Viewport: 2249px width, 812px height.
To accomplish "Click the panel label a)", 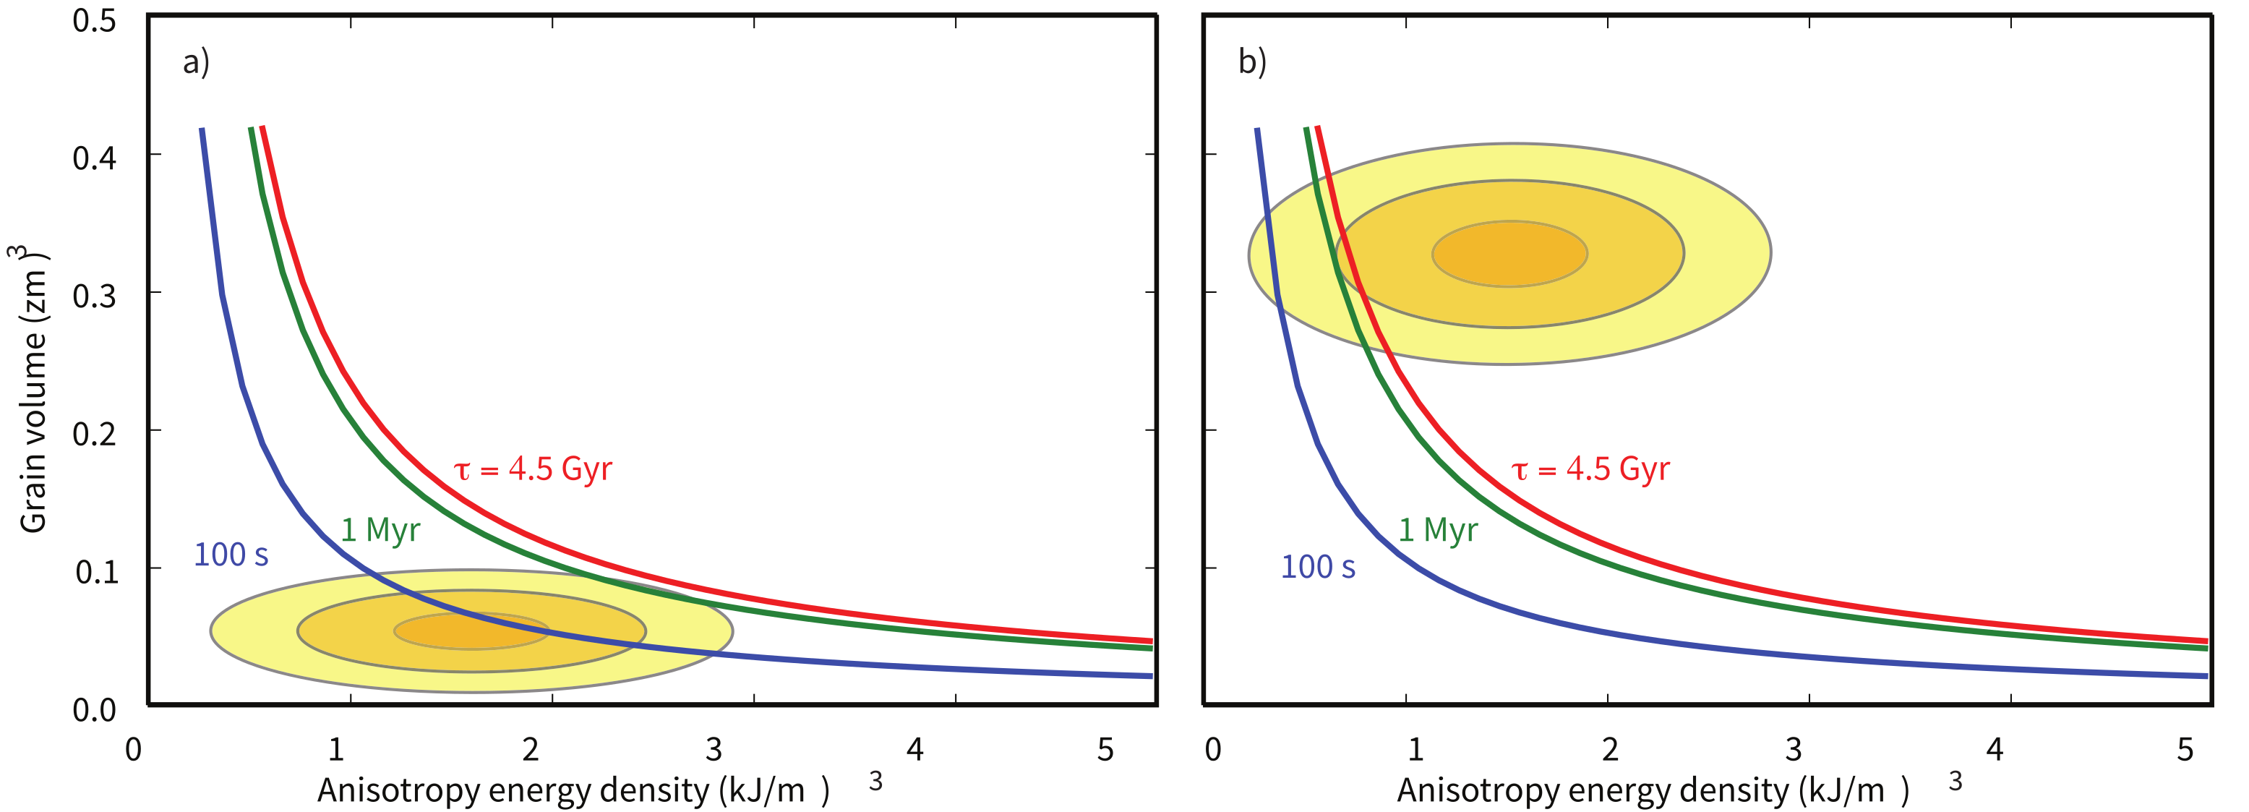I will [x=196, y=62].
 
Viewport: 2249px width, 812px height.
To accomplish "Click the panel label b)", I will [x=1251, y=62].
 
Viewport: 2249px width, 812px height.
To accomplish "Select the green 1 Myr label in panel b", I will [x=1437, y=530].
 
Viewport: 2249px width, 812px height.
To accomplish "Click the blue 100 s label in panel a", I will [x=231, y=555].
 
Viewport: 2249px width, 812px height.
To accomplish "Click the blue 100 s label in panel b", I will [x=1316, y=568].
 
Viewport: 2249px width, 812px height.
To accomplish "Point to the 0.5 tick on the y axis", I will [x=93, y=20].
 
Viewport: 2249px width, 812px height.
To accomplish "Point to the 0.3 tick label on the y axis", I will [x=93, y=296].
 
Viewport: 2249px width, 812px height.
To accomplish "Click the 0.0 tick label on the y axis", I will [x=93, y=710].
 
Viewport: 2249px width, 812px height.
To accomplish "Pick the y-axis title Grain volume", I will [x=33, y=388].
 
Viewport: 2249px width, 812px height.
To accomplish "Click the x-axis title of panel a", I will [x=572, y=790].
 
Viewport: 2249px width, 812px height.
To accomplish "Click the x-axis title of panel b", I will [x=1652, y=790].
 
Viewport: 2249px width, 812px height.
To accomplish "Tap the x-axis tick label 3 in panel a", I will [x=714, y=749].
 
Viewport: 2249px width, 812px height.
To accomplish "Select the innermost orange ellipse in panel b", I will [x=1509, y=253].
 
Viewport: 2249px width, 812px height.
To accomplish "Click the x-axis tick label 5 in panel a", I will [x=1105, y=749].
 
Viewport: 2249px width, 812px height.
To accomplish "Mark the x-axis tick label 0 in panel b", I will [x=1212, y=749].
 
